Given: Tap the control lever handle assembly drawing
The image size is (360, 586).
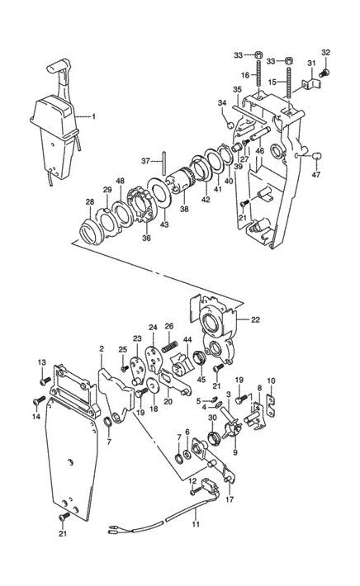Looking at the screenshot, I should [54, 124].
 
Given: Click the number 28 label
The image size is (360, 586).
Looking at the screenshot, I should [89, 201].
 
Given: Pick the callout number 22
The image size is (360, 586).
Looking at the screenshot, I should [254, 320].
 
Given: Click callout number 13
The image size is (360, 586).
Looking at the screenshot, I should [40, 363].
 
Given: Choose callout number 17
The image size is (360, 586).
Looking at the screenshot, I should [229, 499].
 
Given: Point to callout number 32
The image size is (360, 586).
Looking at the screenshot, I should [325, 52].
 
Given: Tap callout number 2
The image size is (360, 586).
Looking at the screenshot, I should [101, 350].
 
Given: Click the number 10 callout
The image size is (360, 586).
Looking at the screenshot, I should [271, 380].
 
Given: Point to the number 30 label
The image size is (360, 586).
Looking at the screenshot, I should [211, 418].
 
